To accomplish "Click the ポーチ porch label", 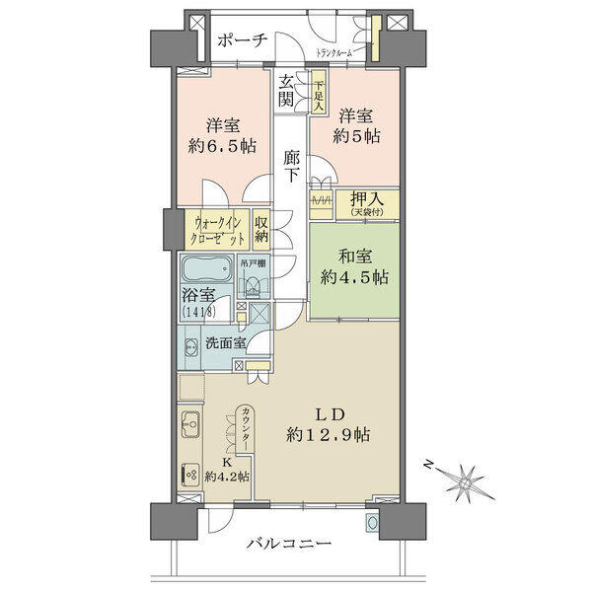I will [241, 39].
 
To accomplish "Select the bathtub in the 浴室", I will [206, 271].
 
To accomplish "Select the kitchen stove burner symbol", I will [190, 474].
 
